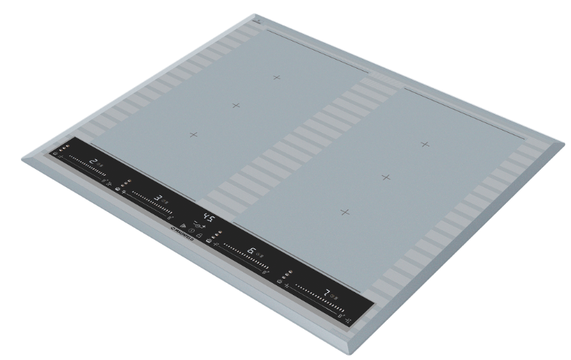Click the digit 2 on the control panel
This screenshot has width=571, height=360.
click(93, 162)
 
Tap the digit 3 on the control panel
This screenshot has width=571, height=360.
click(158, 198)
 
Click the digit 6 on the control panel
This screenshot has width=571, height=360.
click(251, 252)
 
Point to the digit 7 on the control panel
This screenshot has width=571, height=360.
click(326, 292)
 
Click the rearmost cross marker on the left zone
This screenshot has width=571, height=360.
click(276, 77)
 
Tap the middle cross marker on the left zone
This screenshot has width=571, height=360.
click(236, 105)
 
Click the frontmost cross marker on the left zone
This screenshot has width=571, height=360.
click(193, 134)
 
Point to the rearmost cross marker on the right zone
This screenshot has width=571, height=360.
click(425, 143)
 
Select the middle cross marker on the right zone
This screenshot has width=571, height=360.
click(386, 177)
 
